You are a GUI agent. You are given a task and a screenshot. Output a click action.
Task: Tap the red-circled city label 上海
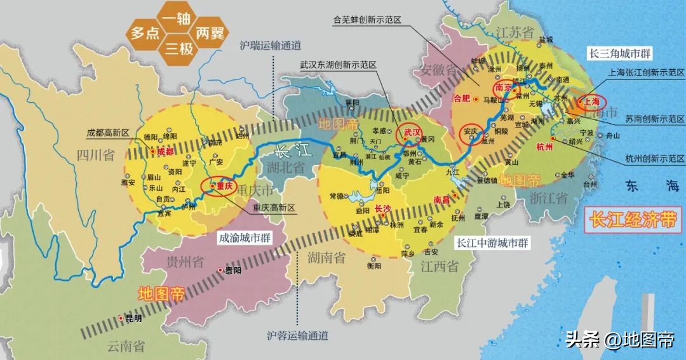591,102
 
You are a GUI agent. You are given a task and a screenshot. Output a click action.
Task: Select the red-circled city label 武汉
410,132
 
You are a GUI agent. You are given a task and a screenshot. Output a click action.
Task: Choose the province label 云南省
126,346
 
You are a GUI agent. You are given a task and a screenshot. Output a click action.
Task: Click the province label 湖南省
326,257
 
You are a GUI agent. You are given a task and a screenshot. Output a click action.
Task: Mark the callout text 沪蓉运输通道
298,335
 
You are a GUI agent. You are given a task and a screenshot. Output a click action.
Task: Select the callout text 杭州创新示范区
654,158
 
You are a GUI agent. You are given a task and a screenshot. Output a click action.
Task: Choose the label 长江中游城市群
493,243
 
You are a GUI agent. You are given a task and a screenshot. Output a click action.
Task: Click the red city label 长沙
384,208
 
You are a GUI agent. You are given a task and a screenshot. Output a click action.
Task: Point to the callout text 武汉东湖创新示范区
339,65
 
